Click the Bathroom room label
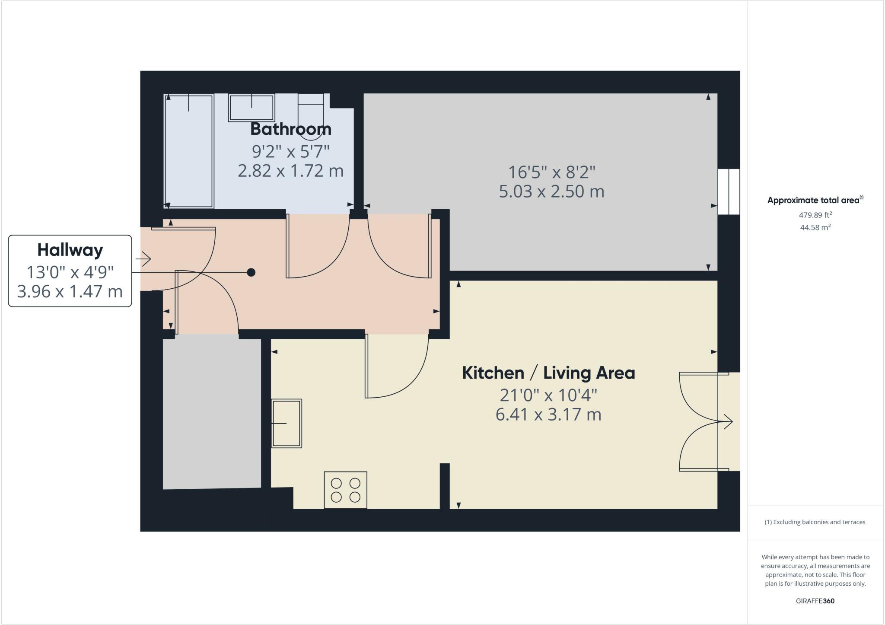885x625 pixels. (290, 129)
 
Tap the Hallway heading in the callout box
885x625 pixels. (70, 250)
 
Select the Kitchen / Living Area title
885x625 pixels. (548, 373)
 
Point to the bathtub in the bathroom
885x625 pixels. (189, 151)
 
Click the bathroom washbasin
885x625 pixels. (251, 108)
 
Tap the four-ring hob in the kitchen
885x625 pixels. (345, 490)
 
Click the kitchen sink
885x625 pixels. (287, 423)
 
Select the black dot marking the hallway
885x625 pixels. (251, 272)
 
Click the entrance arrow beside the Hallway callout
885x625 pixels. (143, 259)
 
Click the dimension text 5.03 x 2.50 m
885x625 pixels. (551, 191)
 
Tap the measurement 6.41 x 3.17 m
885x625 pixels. (548, 415)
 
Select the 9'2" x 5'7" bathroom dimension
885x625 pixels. (290, 151)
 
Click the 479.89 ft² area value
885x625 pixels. (815, 215)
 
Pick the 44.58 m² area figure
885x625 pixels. (815, 227)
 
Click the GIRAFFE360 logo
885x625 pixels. (815, 601)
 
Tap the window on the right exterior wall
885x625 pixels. (729, 191)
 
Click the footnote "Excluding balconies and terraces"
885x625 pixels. (815, 522)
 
